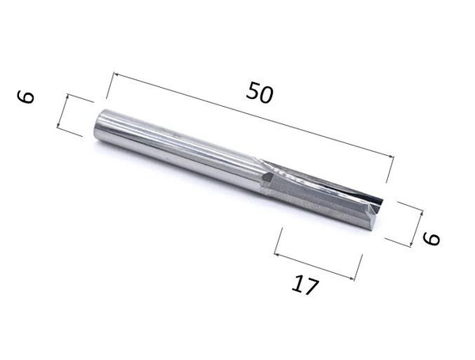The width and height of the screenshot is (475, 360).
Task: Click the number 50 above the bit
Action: point(259,93)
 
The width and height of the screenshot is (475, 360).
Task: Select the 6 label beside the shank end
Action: point(27,97)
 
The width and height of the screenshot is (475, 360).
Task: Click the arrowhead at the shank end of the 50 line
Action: point(116,75)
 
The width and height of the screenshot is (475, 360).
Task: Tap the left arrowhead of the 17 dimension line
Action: point(276,252)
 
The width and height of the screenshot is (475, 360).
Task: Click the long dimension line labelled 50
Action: point(253,117)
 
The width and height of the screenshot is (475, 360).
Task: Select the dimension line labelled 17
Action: point(317,265)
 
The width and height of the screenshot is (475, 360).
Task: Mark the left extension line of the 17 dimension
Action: point(279,241)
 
